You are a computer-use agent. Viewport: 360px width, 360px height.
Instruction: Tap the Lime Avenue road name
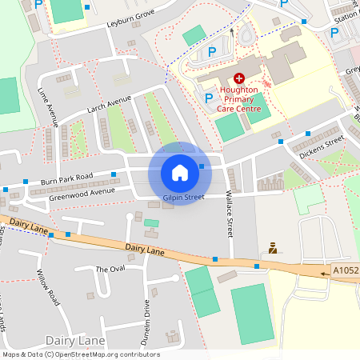(x=47, y=109)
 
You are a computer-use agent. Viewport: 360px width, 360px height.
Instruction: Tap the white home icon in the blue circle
(x=180, y=172)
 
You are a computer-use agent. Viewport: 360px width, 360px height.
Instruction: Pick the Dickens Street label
(x=322, y=146)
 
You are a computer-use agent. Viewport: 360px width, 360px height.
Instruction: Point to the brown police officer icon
(x=273, y=248)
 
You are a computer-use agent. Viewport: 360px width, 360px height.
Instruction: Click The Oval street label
(x=110, y=269)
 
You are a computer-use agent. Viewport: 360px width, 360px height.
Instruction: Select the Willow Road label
(x=48, y=288)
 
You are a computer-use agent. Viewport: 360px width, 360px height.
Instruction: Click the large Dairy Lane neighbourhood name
(x=76, y=342)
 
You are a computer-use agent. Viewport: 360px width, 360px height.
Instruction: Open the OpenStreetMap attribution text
(x=80, y=354)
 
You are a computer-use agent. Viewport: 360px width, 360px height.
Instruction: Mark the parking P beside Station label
(x=334, y=33)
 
